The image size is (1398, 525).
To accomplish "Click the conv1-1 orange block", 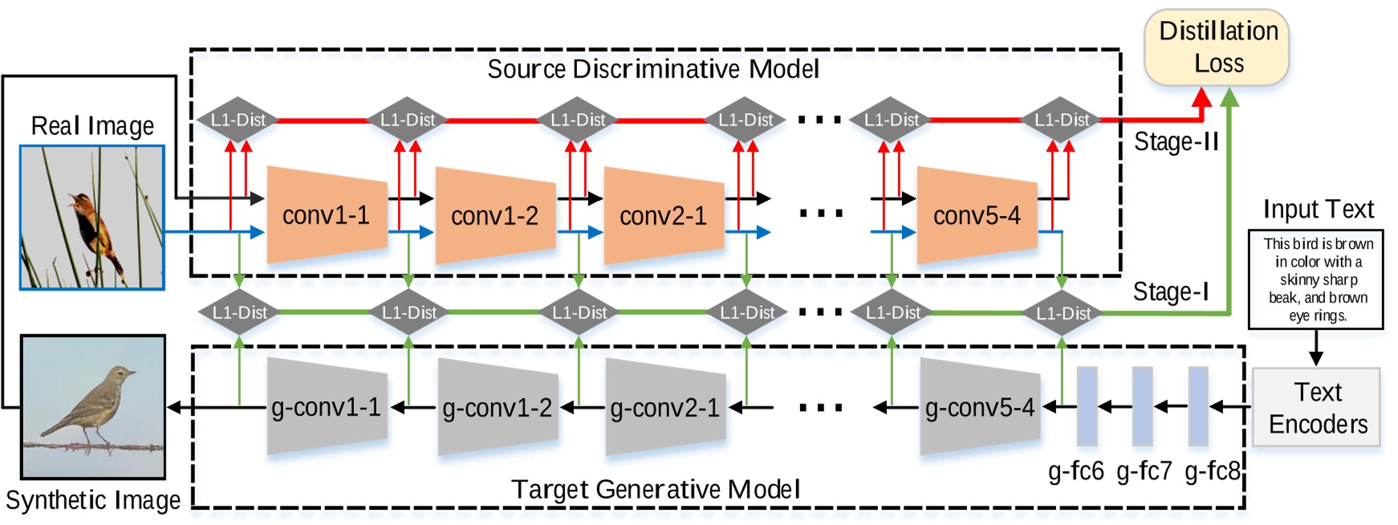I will pyautogui.click(x=326, y=215).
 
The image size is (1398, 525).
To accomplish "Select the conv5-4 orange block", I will pyautogui.click(x=977, y=215).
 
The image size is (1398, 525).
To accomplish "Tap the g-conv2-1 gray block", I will pyautogui.click(x=665, y=408).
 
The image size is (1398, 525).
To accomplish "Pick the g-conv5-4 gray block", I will pyautogui.click(x=980, y=408).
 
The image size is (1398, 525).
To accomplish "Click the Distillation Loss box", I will pyautogui.click(x=1217, y=47).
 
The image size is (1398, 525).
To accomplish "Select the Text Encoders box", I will pyautogui.click(x=1316, y=408).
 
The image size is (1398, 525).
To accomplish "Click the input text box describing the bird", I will pyautogui.click(x=1316, y=279).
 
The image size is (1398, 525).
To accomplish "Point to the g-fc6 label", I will pyautogui.click(x=1075, y=471).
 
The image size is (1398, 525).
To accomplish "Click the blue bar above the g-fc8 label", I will pyautogui.click(x=1198, y=406).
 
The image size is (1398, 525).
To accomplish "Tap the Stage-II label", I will pyautogui.click(x=1176, y=142).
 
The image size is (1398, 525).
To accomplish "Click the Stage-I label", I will pyautogui.click(x=1170, y=292).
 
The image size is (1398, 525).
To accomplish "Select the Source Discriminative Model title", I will pyautogui.click(x=653, y=69).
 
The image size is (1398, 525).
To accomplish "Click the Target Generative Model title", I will pyautogui.click(x=656, y=489).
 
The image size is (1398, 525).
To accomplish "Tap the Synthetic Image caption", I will pyautogui.click(x=93, y=500).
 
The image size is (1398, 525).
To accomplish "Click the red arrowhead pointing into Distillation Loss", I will pyautogui.click(x=1201, y=98).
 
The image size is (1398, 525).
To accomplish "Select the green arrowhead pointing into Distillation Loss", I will pyautogui.click(x=1229, y=98).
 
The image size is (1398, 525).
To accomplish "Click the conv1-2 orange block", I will pyautogui.click(x=494, y=215).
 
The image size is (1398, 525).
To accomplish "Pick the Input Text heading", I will pyautogui.click(x=1318, y=210).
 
